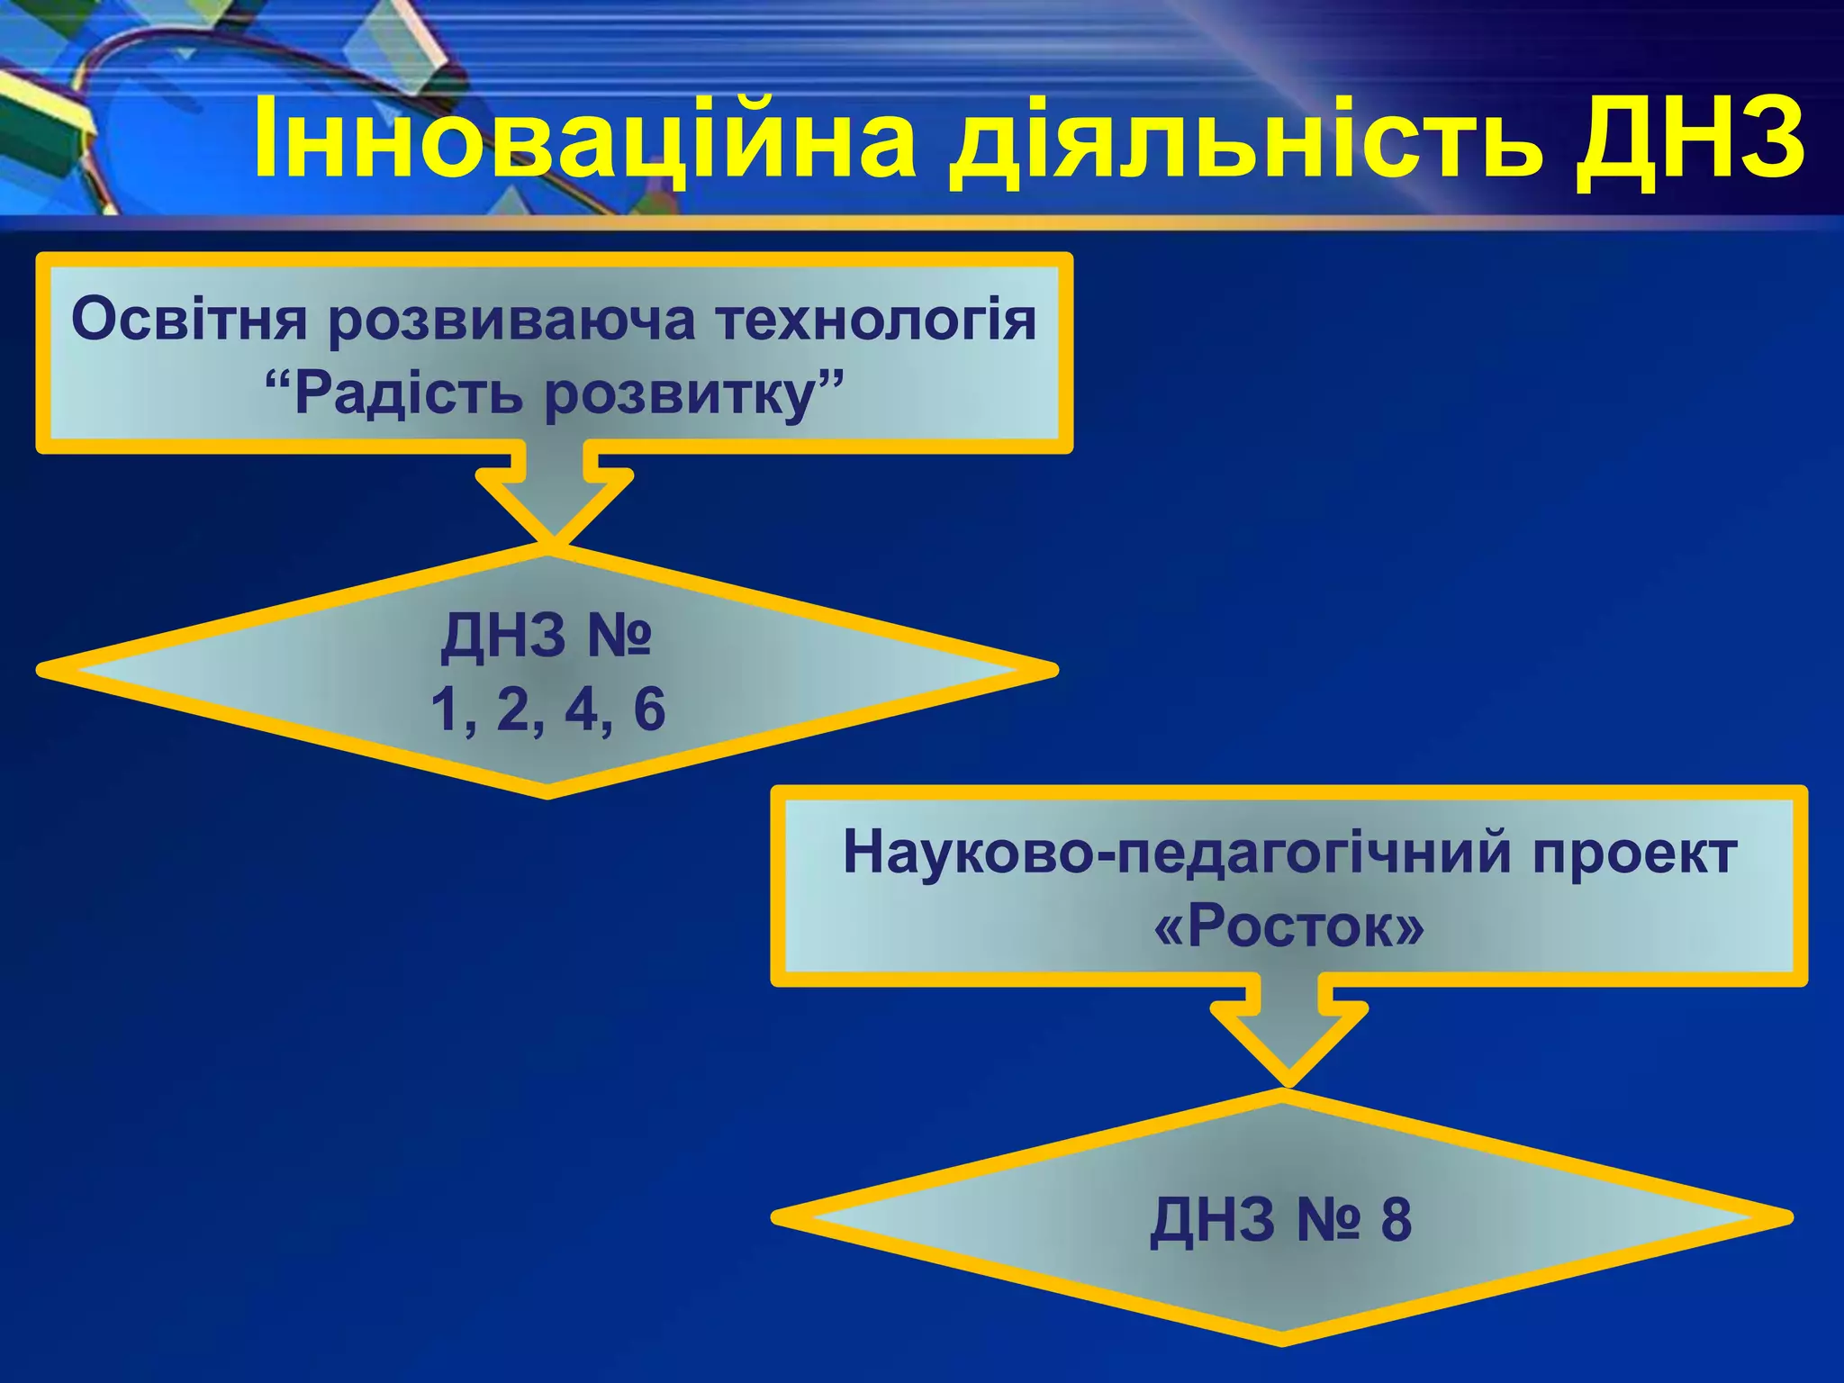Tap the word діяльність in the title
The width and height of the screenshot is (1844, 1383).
pos(1243,140)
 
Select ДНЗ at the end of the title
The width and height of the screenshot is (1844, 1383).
pos(1688,140)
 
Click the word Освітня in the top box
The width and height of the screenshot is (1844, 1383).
pos(189,320)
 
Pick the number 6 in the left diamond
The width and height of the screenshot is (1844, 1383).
pos(649,710)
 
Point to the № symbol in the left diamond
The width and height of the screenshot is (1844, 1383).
pos(619,637)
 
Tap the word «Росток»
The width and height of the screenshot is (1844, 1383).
pos(1288,927)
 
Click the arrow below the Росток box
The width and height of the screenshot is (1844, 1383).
pos(1288,1035)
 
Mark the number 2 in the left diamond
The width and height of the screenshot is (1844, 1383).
pos(513,710)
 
